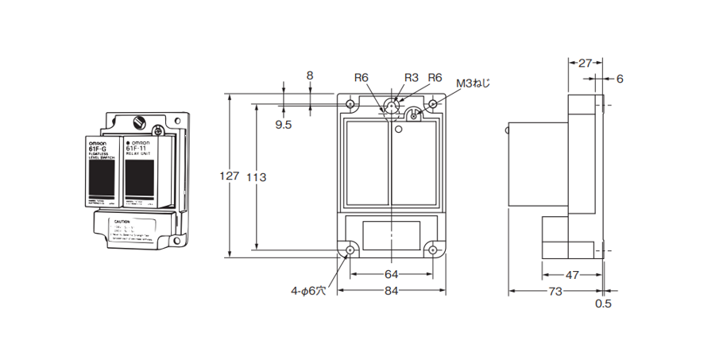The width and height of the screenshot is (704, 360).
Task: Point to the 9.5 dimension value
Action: click(x=284, y=125)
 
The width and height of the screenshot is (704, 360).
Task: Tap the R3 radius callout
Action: click(x=411, y=77)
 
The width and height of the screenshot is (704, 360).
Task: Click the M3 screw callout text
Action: click(x=474, y=82)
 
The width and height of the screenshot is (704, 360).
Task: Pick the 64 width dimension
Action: click(x=391, y=274)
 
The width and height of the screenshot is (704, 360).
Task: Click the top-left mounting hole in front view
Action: click(x=350, y=104)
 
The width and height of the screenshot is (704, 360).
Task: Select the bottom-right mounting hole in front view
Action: click(x=432, y=250)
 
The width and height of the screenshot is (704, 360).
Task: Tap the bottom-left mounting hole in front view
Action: click(x=350, y=250)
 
